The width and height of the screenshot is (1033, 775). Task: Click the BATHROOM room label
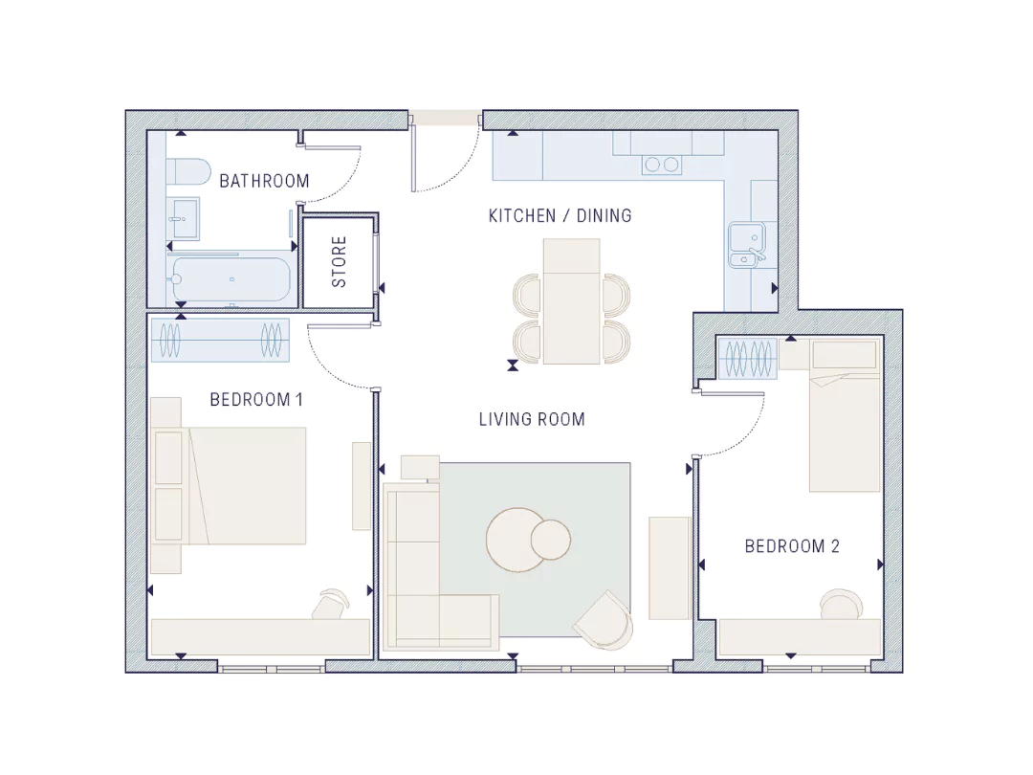point(264,181)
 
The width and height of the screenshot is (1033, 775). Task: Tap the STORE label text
point(339,261)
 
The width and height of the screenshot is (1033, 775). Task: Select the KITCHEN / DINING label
point(560,215)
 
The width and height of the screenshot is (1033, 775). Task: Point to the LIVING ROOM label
point(532,419)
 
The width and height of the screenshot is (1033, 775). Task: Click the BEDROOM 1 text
point(256,399)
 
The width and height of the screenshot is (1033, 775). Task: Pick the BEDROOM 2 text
point(792,546)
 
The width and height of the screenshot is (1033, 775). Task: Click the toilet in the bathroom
point(187,172)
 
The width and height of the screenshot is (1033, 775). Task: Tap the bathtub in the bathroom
point(231,279)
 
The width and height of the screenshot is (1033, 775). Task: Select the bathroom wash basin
point(183,218)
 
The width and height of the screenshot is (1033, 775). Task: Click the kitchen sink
point(747,245)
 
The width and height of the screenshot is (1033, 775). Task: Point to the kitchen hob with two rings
point(662,165)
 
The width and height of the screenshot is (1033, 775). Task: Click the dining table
point(571,301)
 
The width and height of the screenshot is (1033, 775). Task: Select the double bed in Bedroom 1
point(230,486)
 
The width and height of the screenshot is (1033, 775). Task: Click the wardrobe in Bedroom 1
point(220,340)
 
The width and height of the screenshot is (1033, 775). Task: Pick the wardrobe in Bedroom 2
point(748,359)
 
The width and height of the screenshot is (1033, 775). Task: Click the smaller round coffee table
point(551,539)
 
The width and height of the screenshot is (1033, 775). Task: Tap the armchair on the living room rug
point(604,620)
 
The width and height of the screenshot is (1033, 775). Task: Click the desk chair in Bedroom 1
point(331,604)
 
